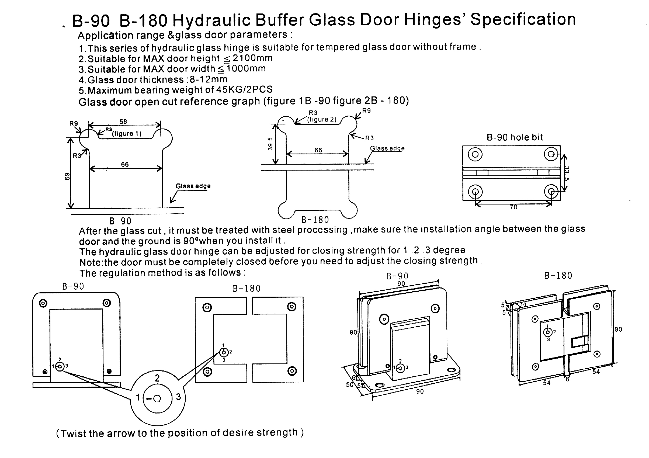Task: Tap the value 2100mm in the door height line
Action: [252, 58]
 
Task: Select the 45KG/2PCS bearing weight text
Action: [244, 90]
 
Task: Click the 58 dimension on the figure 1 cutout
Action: [123, 122]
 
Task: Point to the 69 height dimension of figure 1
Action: [67, 177]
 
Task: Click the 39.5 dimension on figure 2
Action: [270, 144]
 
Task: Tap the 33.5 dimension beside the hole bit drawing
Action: [567, 173]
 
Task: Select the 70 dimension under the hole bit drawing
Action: [513, 207]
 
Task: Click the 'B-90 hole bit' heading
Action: [515, 137]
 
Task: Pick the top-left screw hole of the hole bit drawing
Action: [475, 154]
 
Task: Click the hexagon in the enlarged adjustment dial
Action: [157, 399]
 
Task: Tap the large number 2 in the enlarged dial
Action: [157, 378]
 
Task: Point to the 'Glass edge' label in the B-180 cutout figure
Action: [387, 148]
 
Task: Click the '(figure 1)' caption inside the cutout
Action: [127, 133]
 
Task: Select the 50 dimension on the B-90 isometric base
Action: [350, 384]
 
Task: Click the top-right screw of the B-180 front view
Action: [292, 307]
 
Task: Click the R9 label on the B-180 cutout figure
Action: [366, 111]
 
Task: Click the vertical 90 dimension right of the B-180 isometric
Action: [618, 329]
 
